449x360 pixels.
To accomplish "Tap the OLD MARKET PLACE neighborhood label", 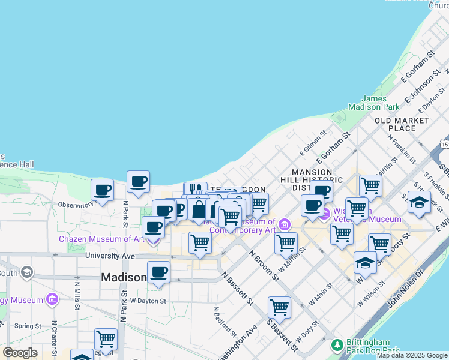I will [402, 124].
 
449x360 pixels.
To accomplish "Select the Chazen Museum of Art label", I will [102, 239].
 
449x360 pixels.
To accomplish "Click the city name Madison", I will [124, 277].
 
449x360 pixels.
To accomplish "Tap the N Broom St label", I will [264, 265].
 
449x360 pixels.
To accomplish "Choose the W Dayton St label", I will [147, 300].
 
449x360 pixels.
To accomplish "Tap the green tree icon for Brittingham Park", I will [337, 346].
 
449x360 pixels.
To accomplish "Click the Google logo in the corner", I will [20, 353].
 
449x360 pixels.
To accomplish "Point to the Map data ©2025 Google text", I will [412, 355].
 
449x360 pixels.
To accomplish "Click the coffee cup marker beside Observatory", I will [103, 190].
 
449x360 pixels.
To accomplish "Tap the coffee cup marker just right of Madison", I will [158, 272].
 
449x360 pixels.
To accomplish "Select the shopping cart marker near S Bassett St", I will [279, 308].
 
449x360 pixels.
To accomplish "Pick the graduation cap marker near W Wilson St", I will [365, 263].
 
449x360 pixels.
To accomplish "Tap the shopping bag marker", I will [199, 210].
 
